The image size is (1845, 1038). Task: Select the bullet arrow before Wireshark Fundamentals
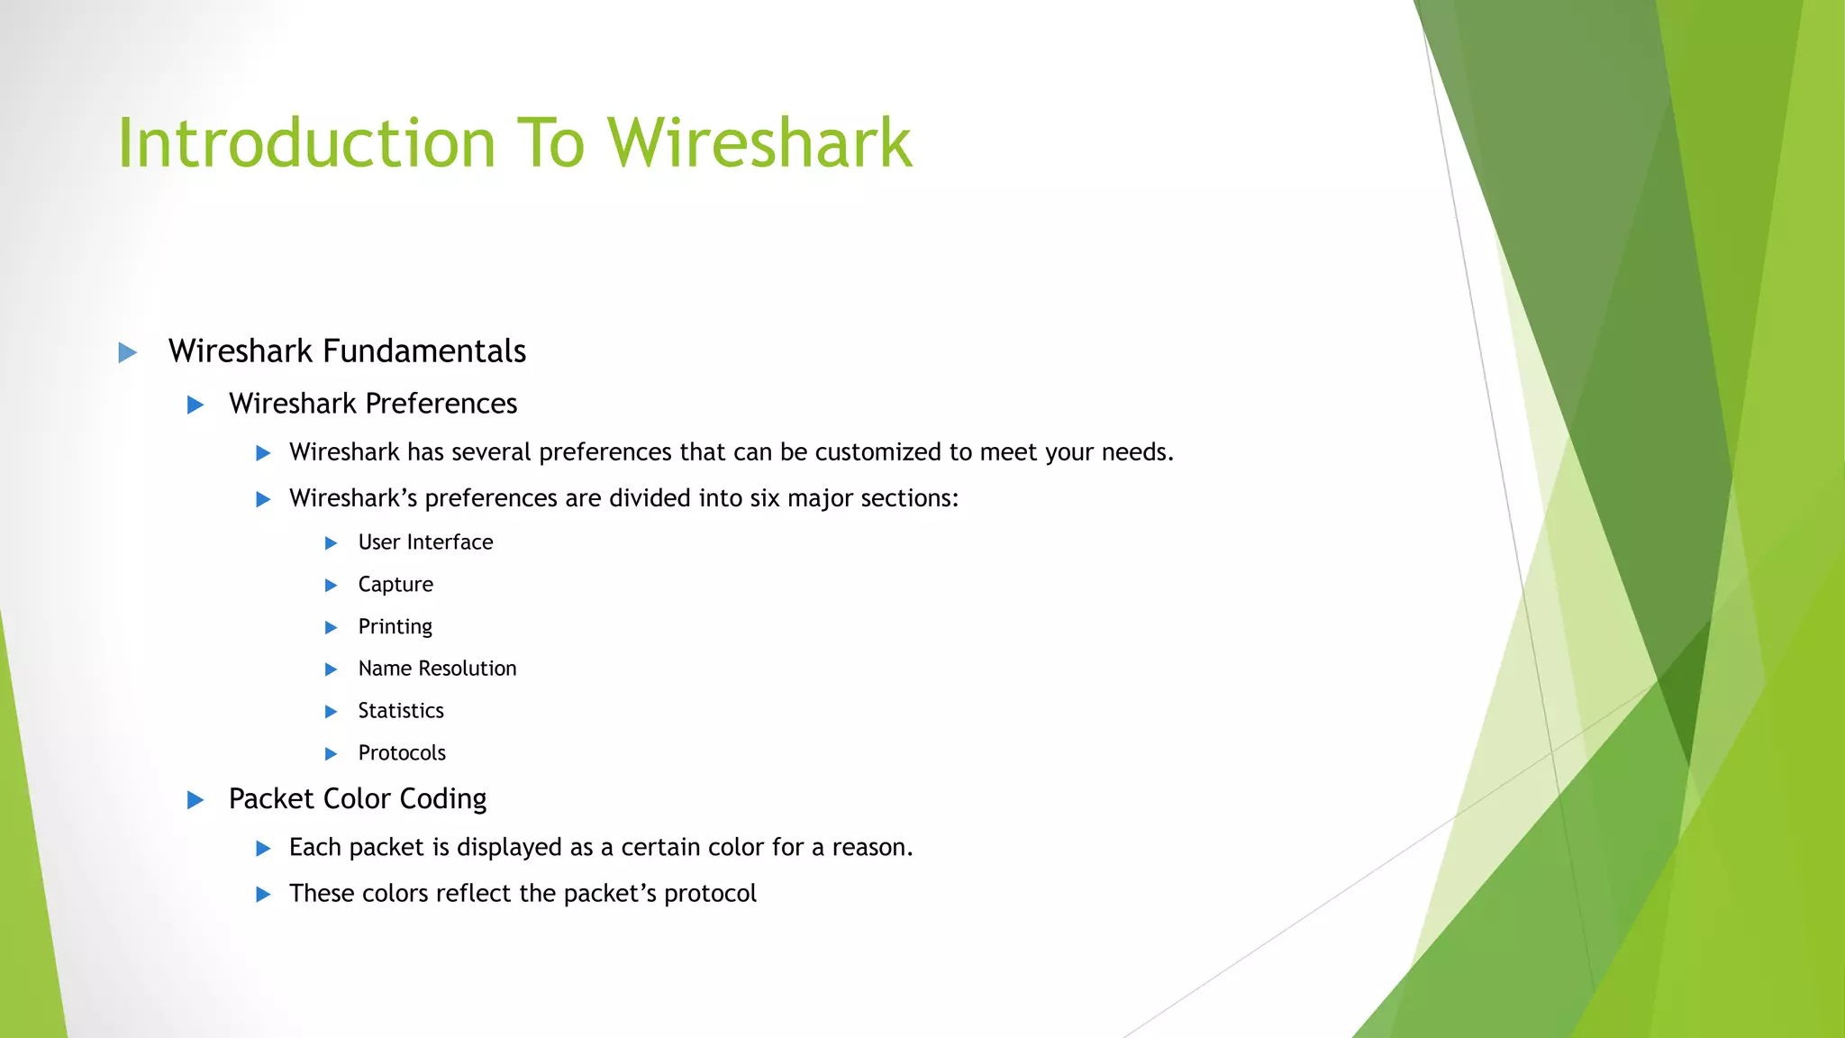(x=128, y=352)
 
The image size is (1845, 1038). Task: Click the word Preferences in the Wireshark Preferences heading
(x=441, y=404)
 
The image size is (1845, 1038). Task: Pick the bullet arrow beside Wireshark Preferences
(x=195, y=405)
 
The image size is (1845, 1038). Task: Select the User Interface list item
(x=425, y=542)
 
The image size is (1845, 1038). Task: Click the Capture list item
(x=395, y=585)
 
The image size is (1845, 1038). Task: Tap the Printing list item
(x=395, y=627)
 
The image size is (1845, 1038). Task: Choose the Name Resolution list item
(x=437, y=669)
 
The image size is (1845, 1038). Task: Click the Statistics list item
(x=401, y=711)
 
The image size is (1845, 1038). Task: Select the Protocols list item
(x=402, y=753)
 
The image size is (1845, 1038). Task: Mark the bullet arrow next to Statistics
(x=331, y=712)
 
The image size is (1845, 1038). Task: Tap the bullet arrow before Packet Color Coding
(x=195, y=800)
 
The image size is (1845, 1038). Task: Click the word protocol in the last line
(x=710, y=894)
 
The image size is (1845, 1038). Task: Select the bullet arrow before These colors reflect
(x=263, y=895)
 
